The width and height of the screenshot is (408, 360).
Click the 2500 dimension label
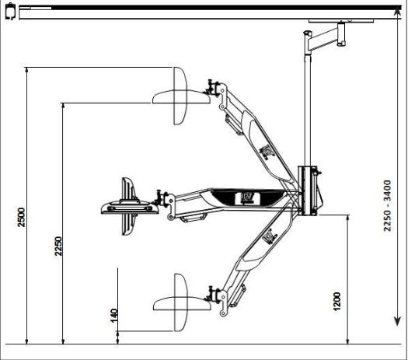coord(21,217)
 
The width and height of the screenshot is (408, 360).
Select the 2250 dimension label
coord(58,246)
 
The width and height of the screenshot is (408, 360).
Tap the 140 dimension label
coord(114,316)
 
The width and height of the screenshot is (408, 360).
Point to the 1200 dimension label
coord(337,302)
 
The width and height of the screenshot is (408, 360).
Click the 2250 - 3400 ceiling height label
coord(387,205)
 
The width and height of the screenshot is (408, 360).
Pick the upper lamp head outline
coord(181,96)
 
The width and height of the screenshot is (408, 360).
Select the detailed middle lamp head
coord(130,206)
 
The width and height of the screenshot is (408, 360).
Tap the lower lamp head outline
coord(182,302)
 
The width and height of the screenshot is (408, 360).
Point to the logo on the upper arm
coord(267,152)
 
